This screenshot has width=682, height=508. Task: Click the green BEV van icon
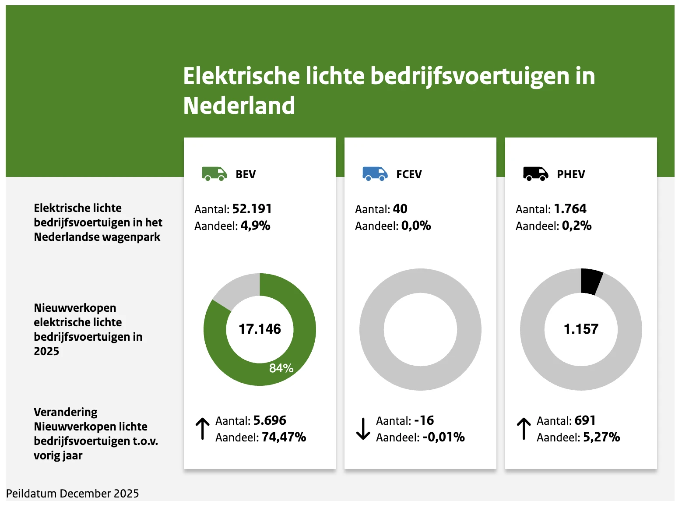point(214,174)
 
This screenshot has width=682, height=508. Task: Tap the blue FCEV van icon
point(375,174)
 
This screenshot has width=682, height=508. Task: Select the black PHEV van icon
point(535,174)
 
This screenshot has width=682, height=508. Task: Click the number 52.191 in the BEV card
point(252,209)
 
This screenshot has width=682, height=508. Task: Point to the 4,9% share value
point(255,226)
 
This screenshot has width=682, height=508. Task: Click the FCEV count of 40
point(400,209)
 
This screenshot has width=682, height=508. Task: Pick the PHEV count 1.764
point(570,209)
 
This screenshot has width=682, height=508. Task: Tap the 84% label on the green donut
point(281,368)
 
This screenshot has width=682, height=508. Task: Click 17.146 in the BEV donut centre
point(260,329)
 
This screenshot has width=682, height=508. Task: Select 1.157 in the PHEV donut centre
point(581,329)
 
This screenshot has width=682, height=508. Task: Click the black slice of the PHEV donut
point(591,281)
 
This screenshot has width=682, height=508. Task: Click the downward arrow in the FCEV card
point(363,429)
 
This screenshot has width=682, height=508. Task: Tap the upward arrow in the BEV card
point(202,429)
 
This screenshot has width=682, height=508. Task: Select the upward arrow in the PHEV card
point(524,429)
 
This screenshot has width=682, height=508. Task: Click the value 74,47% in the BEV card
point(284,437)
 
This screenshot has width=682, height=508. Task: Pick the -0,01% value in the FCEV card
point(443,437)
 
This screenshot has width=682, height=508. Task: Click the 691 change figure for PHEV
point(585,420)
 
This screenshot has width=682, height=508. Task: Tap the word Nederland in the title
point(239,106)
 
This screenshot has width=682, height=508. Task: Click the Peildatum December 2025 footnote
point(73,494)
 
